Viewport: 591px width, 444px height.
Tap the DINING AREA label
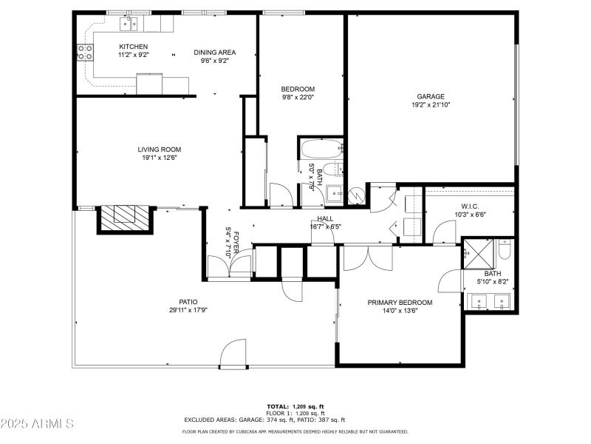(x=214, y=53)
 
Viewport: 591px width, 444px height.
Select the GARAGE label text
(x=430, y=96)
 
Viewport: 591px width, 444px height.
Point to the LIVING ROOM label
(x=159, y=149)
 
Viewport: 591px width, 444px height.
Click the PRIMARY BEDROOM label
(x=400, y=303)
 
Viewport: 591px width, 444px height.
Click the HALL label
(x=325, y=218)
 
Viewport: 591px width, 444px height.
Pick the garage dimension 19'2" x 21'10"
(x=430, y=105)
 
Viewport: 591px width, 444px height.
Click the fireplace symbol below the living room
(x=124, y=217)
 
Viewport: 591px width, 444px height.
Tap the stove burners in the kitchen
(x=85, y=53)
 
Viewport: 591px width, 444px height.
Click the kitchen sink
(x=129, y=24)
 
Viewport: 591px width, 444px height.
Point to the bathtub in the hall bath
(x=321, y=148)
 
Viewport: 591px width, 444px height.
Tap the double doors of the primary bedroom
(x=369, y=258)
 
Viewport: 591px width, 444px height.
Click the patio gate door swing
(x=233, y=353)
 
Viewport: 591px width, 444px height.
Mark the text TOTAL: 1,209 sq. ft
(x=295, y=406)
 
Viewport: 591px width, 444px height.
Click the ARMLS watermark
(x=37, y=424)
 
